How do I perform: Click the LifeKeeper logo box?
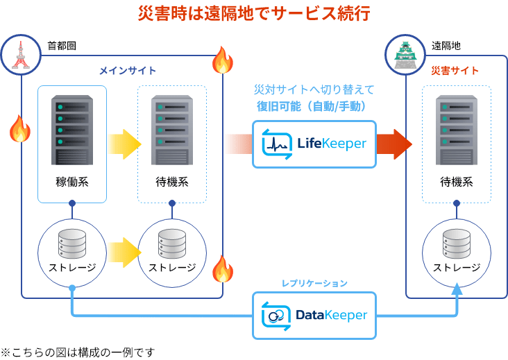[x=314, y=144]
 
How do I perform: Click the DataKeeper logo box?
[x=314, y=316]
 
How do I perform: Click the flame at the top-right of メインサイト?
[x=222, y=61]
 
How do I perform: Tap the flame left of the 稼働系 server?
[x=19, y=128]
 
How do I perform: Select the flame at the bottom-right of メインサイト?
[x=222, y=269]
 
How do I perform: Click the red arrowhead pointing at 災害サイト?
[x=402, y=144]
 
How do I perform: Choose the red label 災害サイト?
[x=455, y=71]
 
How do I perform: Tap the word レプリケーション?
[x=314, y=283]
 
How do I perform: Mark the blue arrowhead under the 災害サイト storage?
[x=456, y=290]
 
